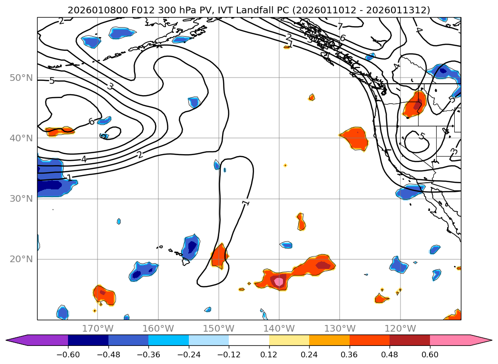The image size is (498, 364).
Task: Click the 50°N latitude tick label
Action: coord(20,78)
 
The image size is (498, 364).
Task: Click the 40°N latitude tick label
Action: coord(20,138)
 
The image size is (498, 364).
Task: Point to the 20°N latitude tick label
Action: coord(20,259)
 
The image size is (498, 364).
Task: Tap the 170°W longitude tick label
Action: coord(98,328)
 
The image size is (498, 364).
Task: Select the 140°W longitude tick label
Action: coord(279,328)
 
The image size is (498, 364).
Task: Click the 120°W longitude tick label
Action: coord(400,328)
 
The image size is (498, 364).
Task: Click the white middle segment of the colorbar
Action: coord(249,340)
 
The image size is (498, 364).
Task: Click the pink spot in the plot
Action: coord(279,282)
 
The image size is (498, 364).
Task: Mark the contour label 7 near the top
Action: coord(340,27)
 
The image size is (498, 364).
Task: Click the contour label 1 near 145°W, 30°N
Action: coord(245,203)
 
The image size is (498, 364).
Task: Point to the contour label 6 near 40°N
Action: coord(91,121)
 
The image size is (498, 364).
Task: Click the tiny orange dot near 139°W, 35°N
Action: coord(285,165)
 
